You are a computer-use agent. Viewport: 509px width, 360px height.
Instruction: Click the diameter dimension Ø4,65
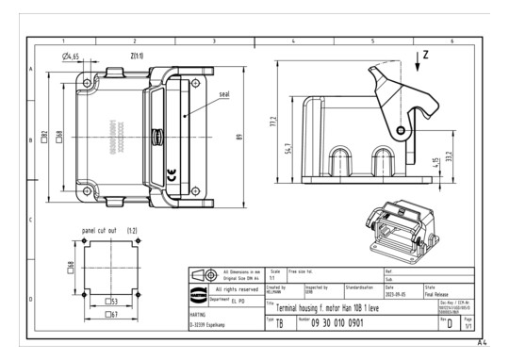(x=74, y=57)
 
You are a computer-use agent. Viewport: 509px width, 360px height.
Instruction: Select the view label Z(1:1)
(x=132, y=57)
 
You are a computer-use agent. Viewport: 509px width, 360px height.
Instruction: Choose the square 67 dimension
(x=108, y=314)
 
